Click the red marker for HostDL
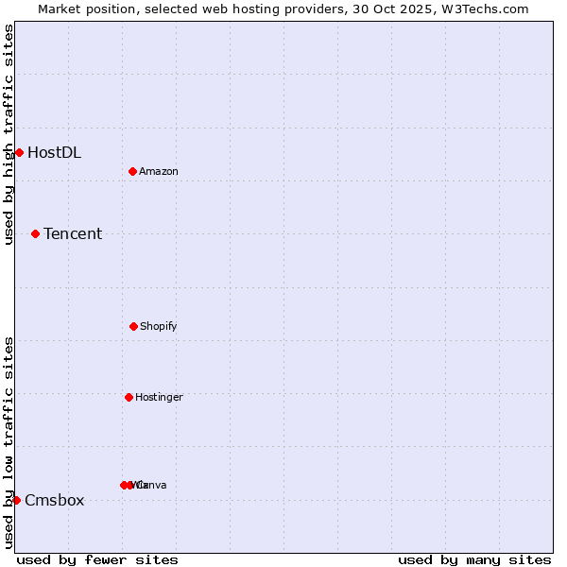(19, 152)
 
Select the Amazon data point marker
(132, 171)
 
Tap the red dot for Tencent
(35, 233)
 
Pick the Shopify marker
(133, 326)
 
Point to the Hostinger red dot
(129, 397)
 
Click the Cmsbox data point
(16, 500)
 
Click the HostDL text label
(54, 152)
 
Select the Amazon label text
(158, 171)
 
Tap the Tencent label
(73, 233)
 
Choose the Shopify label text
(158, 326)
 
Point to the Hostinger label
(159, 397)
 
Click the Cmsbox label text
(54, 500)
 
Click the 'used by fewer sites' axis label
(97, 559)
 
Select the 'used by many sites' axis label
(474, 559)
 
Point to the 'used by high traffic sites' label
(9, 134)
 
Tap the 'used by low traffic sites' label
(9, 442)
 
